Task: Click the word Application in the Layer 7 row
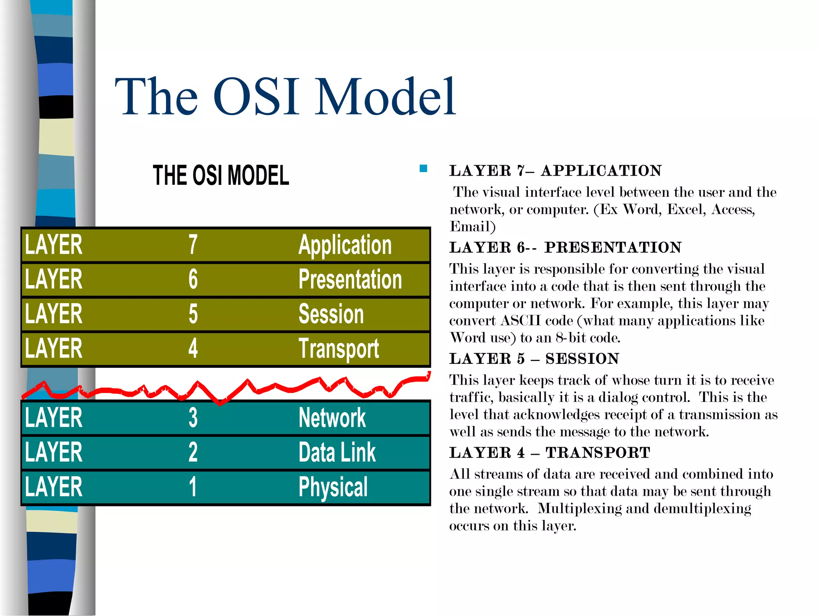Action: [345, 245]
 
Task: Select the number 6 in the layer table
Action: [193, 280]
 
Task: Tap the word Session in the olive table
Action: [331, 314]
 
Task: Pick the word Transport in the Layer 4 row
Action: [339, 349]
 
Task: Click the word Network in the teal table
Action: [332, 417]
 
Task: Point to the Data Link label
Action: [337, 452]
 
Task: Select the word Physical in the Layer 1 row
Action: [333, 487]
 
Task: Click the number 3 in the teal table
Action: [193, 417]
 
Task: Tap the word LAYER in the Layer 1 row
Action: [54, 487]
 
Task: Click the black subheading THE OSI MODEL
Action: [221, 175]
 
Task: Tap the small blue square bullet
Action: [423, 168]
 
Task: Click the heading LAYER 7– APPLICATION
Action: [555, 171]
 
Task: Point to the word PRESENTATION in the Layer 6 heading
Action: [613, 247]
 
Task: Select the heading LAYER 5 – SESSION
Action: [534, 359]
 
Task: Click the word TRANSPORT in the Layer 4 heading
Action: [598, 453]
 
